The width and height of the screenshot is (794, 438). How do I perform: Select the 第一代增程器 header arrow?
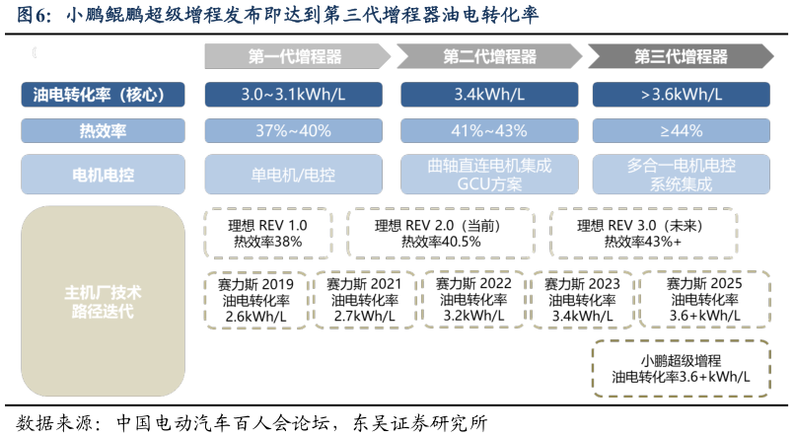(x=295, y=57)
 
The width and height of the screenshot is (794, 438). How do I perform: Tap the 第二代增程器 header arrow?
(x=489, y=57)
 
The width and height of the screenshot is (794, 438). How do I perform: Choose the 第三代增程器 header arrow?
(x=680, y=57)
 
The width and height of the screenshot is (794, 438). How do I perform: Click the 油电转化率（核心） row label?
(x=103, y=96)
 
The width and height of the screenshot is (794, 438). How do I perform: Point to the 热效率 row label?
(x=103, y=130)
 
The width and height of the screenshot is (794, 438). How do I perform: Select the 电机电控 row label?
(x=103, y=175)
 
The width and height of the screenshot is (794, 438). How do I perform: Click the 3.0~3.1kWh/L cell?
(x=294, y=96)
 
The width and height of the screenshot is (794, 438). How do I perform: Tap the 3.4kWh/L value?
(x=489, y=96)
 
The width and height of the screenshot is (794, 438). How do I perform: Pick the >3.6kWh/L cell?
(x=682, y=96)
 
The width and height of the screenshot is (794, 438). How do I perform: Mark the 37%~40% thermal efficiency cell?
(x=294, y=130)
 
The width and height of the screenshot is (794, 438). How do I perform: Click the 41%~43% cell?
(x=489, y=130)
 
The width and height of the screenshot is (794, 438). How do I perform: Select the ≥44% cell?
(x=682, y=130)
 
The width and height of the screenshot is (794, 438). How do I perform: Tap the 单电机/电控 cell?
(x=294, y=175)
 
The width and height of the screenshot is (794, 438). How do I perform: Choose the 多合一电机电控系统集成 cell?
(x=682, y=175)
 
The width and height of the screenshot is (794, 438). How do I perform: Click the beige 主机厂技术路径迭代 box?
(x=103, y=302)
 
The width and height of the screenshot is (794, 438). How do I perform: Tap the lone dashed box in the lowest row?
(x=681, y=369)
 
